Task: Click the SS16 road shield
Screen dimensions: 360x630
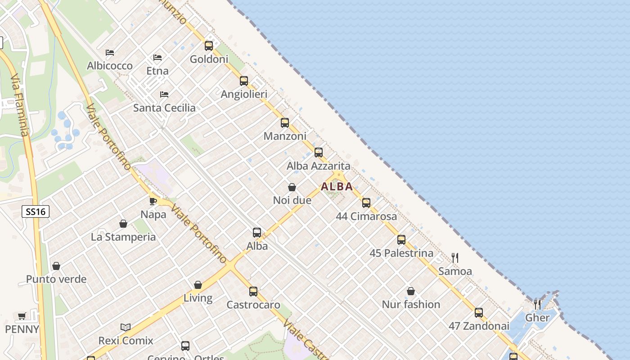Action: (x=36, y=211)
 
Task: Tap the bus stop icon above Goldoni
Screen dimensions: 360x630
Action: (x=208, y=45)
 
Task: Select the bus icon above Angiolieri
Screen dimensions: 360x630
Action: (x=243, y=81)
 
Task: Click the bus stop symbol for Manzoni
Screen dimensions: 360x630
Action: (x=284, y=123)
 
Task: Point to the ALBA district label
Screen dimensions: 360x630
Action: (x=337, y=187)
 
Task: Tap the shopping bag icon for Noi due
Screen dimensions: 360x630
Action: (x=292, y=187)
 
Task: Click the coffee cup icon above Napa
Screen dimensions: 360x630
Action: (x=153, y=201)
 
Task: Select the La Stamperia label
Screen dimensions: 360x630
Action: (x=123, y=237)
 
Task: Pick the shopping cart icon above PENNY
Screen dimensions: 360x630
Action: (x=22, y=316)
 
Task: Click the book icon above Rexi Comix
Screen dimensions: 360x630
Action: (x=126, y=327)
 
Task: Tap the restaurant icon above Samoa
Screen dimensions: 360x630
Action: (x=455, y=258)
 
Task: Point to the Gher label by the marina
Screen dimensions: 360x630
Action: (x=537, y=318)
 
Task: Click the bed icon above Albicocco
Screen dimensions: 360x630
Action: (x=109, y=53)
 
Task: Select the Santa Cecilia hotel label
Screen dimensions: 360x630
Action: (x=164, y=108)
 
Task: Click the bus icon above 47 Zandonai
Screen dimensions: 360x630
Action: (x=478, y=312)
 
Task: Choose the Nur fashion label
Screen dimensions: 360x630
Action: (x=411, y=304)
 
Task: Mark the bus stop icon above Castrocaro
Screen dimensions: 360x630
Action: (x=253, y=291)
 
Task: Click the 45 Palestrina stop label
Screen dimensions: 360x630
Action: (x=401, y=253)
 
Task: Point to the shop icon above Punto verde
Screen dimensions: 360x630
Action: (x=56, y=266)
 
